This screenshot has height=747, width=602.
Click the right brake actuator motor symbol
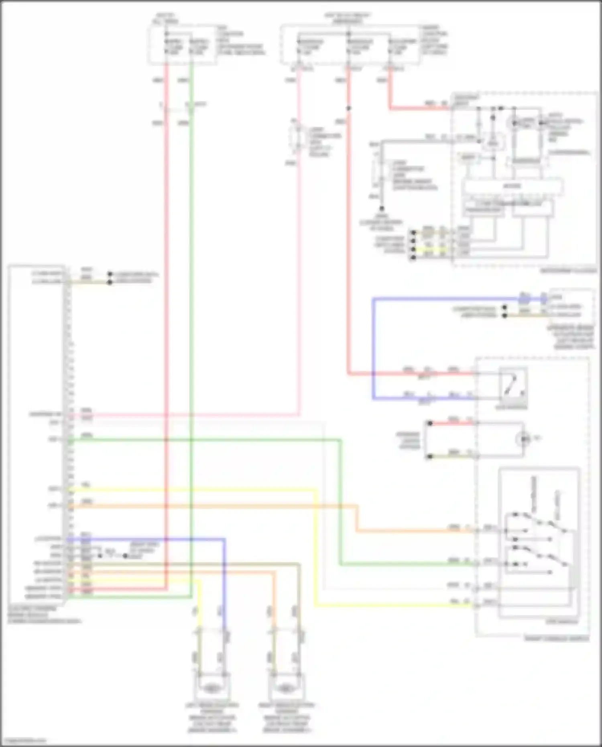(x=285, y=689)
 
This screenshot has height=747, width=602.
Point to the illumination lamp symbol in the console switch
(x=524, y=439)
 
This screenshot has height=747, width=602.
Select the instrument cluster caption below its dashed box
(x=568, y=271)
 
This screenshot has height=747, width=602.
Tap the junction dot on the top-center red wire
(x=348, y=108)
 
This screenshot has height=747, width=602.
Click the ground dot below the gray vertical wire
(x=382, y=209)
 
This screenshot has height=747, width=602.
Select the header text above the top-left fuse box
(x=166, y=18)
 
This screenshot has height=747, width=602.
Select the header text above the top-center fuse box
(x=348, y=18)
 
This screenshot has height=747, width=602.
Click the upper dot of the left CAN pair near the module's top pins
(x=110, y=274)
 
